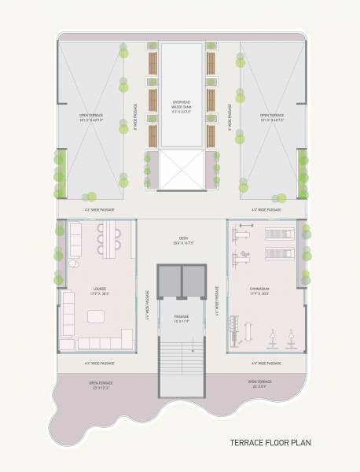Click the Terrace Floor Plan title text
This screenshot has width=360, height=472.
(x=270, y=443)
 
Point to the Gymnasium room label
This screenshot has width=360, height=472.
(x=259, y=293)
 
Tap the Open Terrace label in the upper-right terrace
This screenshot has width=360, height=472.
(x=271, y=118)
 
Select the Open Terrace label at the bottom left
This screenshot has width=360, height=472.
(x=101, y=385)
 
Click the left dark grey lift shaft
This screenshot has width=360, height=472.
(x=168, y=278)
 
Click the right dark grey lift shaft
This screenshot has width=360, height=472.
(x=193, y=278)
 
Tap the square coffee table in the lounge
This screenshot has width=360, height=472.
(x=96, y=315)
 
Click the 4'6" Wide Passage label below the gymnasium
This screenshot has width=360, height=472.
(x=266, y=363)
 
